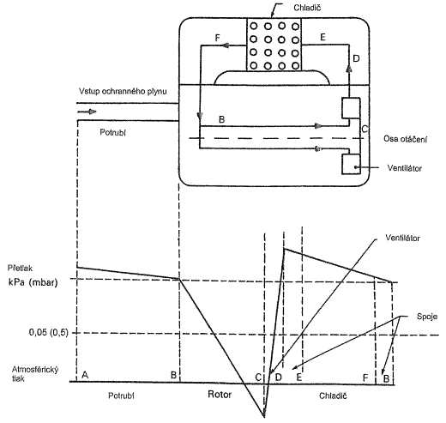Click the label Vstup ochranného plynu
[123, 92]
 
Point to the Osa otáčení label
[406, 139]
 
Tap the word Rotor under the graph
[220, 395]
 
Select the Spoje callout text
[427, 317]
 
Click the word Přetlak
[20, 268]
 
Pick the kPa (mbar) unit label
[33, 282]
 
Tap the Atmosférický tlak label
[35, 374]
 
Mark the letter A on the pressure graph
[85, 374]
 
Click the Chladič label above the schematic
[307, 8]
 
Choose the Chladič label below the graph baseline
[333, 396]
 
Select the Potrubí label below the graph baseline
[121, 396]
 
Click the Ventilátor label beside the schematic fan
[405, 168]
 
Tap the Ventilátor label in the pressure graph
[402, 238]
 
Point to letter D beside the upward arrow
[356, 58]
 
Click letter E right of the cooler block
[323, 37]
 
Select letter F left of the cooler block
[217, 38]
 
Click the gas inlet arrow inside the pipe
[87, 112]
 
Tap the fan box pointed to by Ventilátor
[351, 164]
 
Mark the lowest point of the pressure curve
[264, 417]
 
